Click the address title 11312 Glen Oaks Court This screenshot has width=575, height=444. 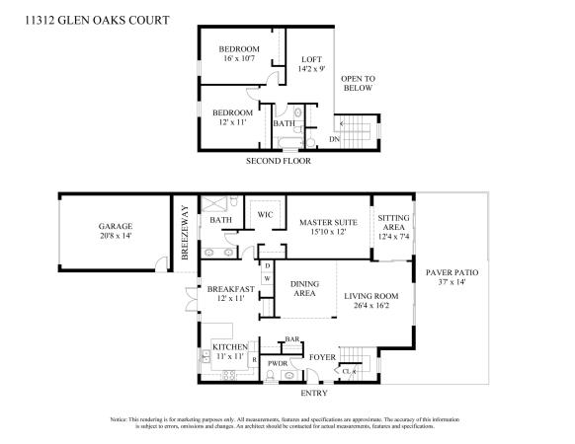point(97,20)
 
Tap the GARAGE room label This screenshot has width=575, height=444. point(116,226)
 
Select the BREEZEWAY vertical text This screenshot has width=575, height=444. point(185,233)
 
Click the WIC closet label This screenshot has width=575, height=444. point(265,215)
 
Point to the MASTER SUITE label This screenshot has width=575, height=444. point(329,222)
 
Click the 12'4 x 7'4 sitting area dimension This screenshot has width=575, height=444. point(393,237)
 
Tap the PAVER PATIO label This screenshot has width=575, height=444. point(452,272)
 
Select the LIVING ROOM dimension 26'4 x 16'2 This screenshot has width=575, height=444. point(371,305)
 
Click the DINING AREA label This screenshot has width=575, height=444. point(304,289)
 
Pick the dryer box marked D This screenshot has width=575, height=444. point(268,266)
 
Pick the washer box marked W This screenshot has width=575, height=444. point(268,279)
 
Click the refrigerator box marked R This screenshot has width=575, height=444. point(254,360)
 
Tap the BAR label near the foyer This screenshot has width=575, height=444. point(292,339)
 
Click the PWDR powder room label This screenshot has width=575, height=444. point(278,364)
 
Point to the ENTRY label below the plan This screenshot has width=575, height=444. point(314,393)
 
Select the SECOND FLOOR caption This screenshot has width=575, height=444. point(279,161)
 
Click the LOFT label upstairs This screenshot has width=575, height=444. point(311,59)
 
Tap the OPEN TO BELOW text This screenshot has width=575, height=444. point(359,83)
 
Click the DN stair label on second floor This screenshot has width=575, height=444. point(335,139)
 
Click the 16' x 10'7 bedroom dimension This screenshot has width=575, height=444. point(239,58)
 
